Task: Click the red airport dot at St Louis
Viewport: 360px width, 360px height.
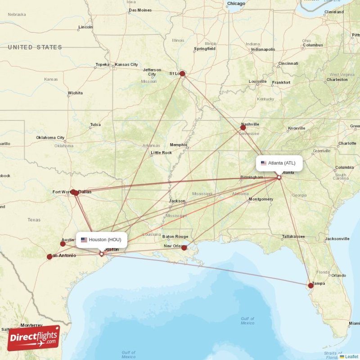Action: click(182, 73)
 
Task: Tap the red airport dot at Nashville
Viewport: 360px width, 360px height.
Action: click(243, 128)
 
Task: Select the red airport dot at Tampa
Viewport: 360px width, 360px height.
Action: click(311, 285)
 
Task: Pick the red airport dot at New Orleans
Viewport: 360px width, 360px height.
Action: click(184, 248)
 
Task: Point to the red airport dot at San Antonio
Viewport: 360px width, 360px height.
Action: click(49, 257)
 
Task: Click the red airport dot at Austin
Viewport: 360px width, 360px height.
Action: click(63, 244)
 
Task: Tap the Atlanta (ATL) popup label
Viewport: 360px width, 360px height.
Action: click(279, 163)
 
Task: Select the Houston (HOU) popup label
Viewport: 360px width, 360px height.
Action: click(101, 240)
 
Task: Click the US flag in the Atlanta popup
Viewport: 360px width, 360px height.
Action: click(264, 163)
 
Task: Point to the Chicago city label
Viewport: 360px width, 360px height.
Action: click(236, 4)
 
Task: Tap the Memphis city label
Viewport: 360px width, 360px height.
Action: click(178, 145)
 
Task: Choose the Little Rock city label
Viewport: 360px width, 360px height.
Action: click(162, 153)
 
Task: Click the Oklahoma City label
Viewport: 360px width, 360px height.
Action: click(50, 138)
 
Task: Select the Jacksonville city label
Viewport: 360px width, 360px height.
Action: click(337, 238)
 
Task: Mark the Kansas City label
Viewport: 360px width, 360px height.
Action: click(126, 65)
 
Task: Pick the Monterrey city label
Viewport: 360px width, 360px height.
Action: click(31, 325)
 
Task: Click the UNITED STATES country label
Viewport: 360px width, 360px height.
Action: click(35, 47)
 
